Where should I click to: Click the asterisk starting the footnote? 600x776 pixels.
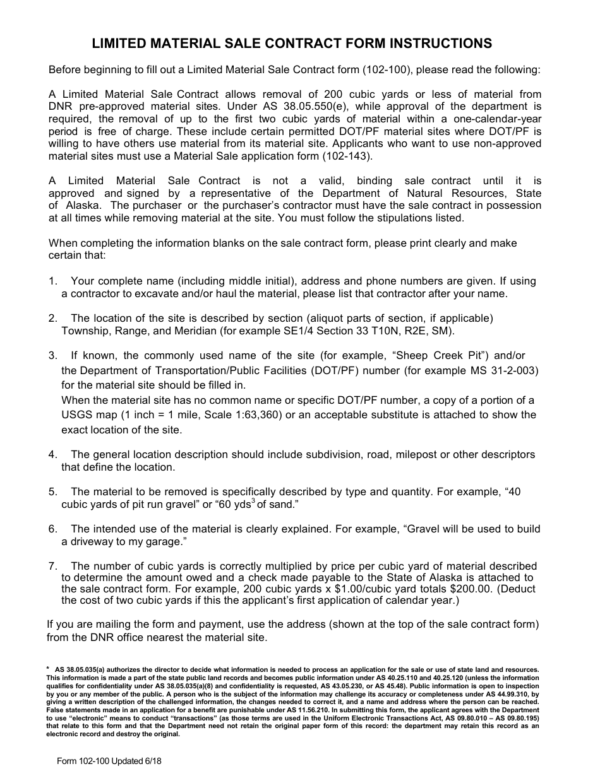point(49,669)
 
